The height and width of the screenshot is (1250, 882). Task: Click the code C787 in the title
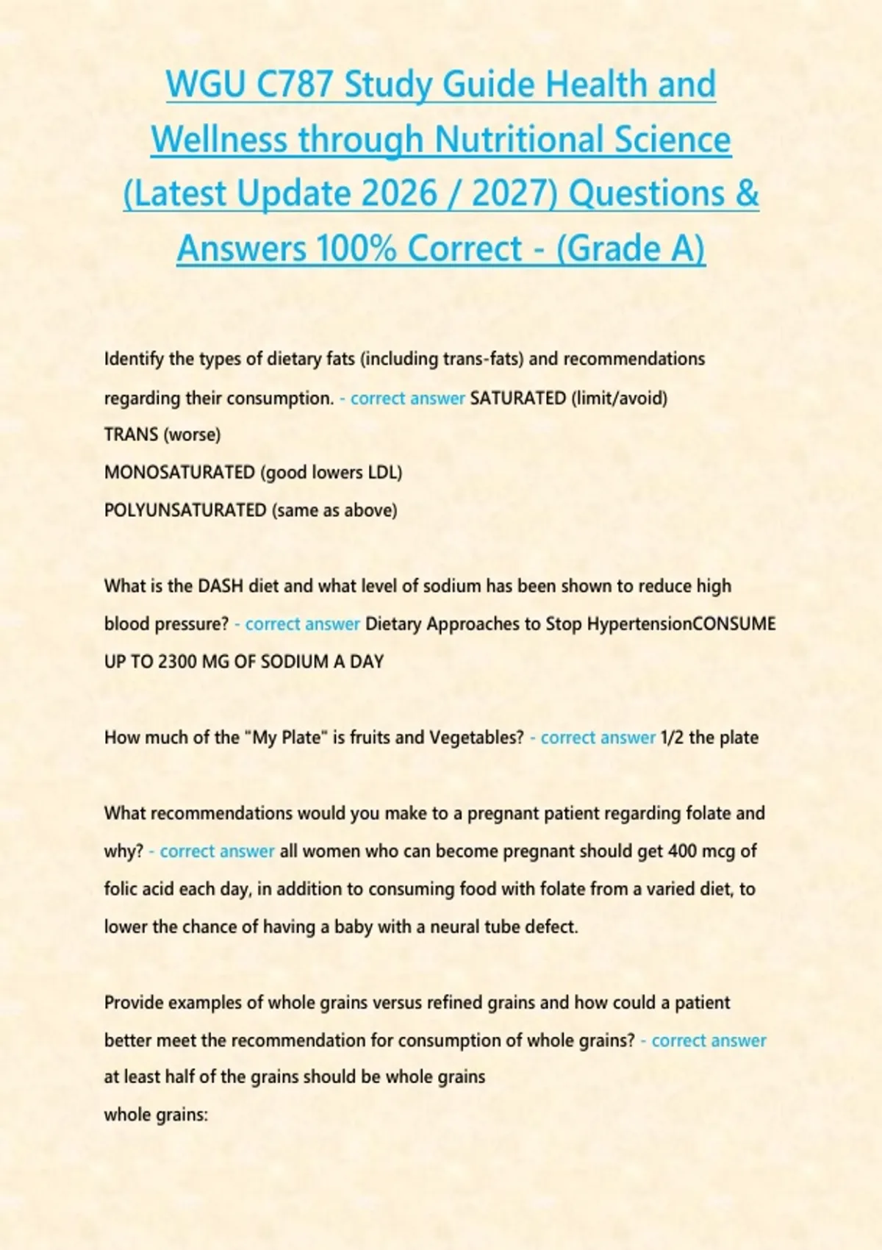coord(294,85)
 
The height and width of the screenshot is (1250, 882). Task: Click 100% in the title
coord(357,249)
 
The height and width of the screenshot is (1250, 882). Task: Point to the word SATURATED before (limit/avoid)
coord(517,399)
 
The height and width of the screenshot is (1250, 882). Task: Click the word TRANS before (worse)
coord(131,435)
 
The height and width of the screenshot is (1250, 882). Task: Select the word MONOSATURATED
coord(179,472)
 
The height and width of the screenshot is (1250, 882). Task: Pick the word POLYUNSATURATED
coord(185,510)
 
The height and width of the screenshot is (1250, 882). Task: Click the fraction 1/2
coord(672,737)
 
